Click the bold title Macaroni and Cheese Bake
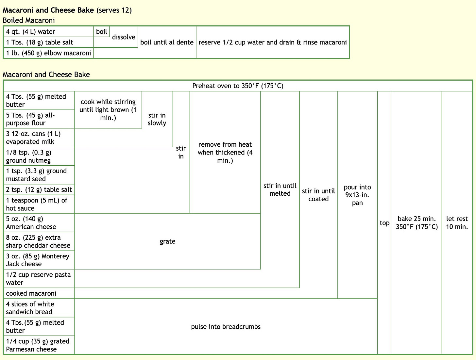pos(48,10)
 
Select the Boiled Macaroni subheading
pos(29,20)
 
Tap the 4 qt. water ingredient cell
pos(49,32)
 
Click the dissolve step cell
pos(124,37)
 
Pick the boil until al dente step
pos(167,42)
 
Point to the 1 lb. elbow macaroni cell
pos(49,53)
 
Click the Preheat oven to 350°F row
pos(238,86)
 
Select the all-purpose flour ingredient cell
pos(39,119)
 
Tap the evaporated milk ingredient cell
pos(39,138)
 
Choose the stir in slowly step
pos(157,119)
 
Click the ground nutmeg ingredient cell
pos(39,156)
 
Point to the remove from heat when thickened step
pos(225,152)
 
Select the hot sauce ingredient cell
pos(39,204)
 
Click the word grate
pos(167,241)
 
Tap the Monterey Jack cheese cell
pos(39,260)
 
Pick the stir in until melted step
pos(280,189)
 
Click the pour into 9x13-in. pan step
pos(357,195)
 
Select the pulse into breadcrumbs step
pos(226,327)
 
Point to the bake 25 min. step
pos(417,223)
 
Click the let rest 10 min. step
pos(457,223)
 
